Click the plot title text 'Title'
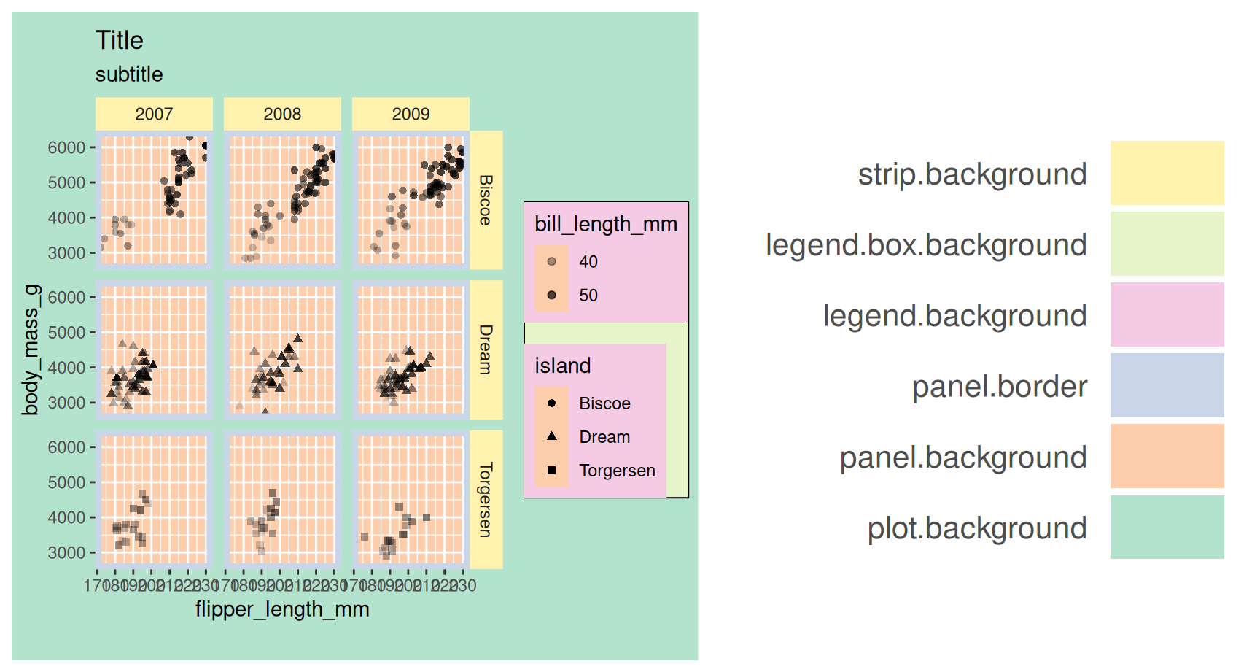119,40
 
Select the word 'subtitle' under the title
129,74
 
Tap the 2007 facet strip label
154,114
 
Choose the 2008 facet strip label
282,114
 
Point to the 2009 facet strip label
411,114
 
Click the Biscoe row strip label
486,200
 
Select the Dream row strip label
486,349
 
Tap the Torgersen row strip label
486,499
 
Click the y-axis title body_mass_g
31,350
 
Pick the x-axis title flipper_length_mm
282,609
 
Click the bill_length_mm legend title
606,224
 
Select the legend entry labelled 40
588,262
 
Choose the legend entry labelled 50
588,296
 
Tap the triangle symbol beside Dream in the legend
552,436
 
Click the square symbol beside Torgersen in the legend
552,471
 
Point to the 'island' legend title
563,366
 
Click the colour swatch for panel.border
1167,385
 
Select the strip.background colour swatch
1167,173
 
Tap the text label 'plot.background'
976,528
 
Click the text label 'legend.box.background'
926,245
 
